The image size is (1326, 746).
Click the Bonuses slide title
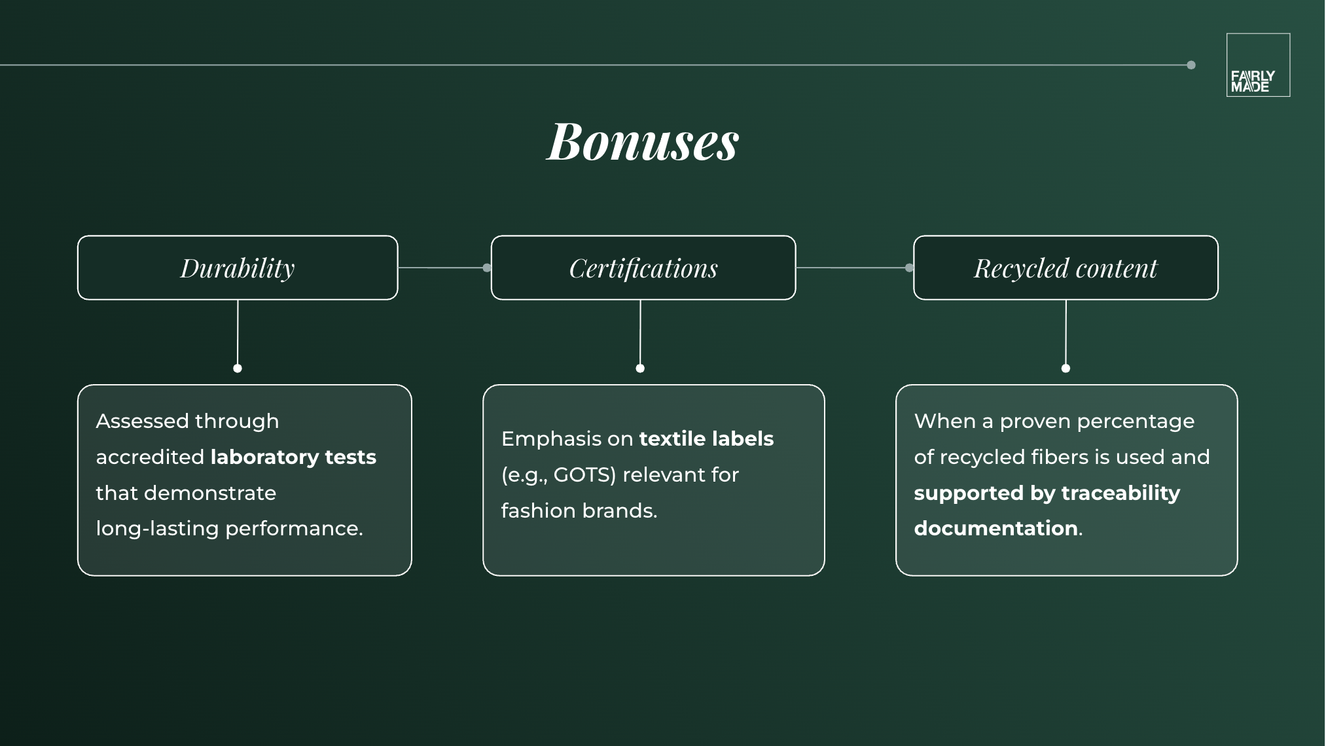643,141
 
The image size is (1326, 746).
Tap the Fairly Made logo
1257,65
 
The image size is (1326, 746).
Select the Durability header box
238,268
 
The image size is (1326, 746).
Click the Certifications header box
643,268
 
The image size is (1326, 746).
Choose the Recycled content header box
1065,268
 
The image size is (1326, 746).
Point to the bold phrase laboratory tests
293,457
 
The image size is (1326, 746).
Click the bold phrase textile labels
706,438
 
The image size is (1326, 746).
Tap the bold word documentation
995,528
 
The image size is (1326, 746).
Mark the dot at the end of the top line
1191,65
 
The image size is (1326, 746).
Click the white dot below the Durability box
238,368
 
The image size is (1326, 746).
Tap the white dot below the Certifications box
640,368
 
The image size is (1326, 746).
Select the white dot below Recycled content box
1066,368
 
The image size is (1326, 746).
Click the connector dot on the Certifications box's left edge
487,268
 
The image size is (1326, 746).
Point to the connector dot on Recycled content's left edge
909,268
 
